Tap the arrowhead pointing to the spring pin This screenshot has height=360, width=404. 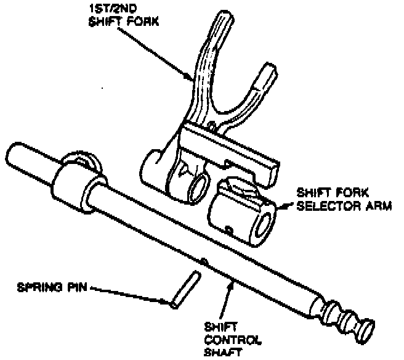pos(170,301)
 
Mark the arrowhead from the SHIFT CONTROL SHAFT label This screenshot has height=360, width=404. pos(230,283)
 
